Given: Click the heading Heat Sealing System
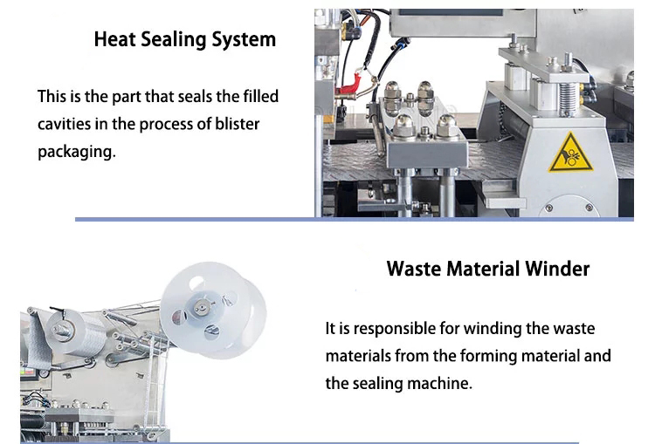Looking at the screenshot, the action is click(x=184, y=39).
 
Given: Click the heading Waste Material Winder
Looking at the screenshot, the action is click(x=488, y=269).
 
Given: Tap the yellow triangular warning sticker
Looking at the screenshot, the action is click(x=570, y=153).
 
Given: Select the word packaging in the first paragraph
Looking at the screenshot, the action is click(x=77, y=152).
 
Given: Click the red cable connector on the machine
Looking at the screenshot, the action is click(x=348, y=85).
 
